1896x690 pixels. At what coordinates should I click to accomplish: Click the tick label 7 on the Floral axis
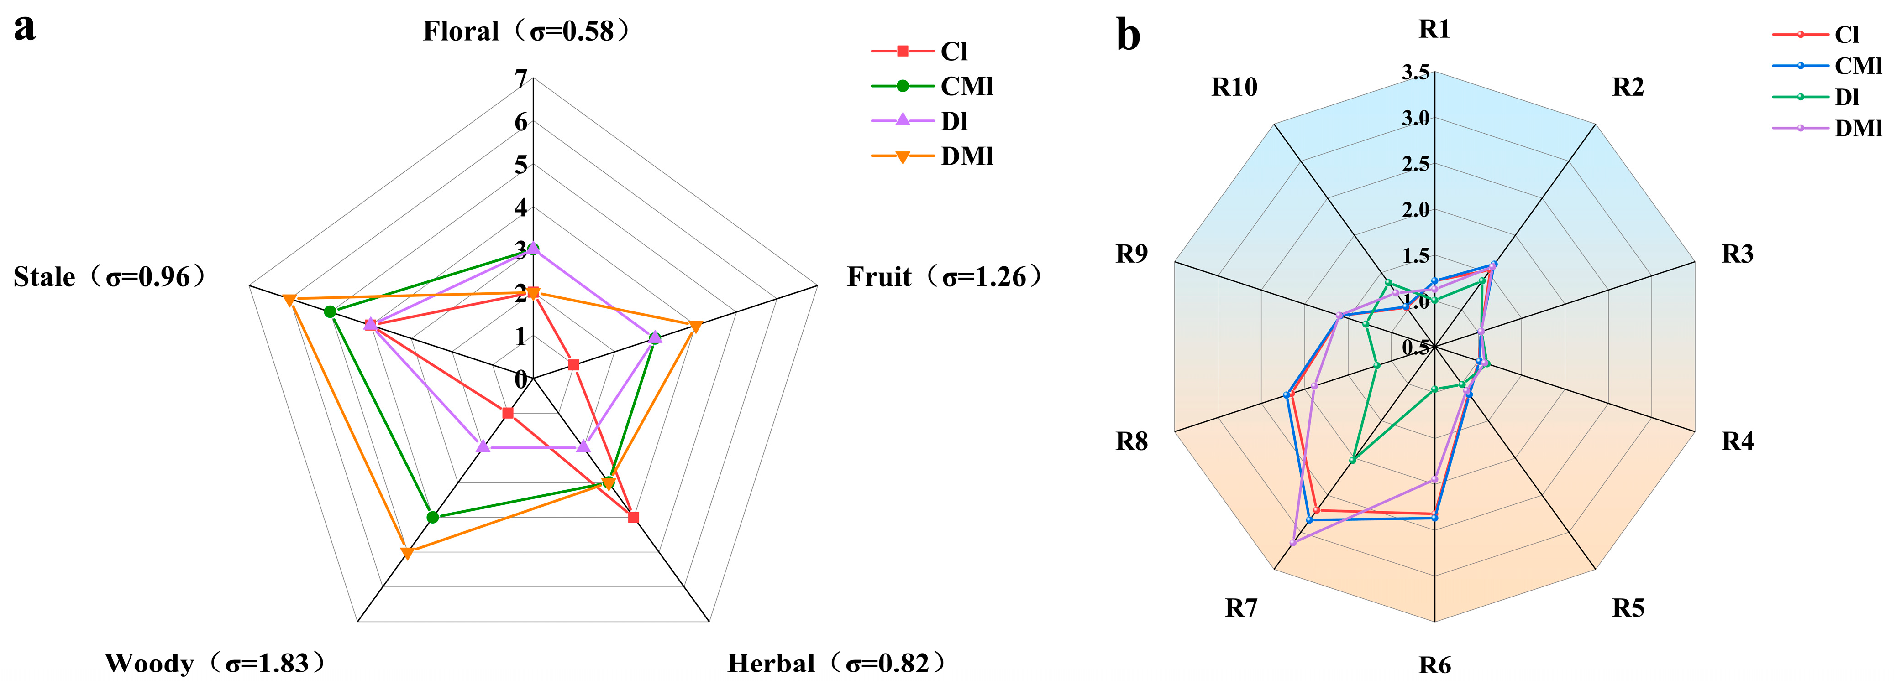(521, 79)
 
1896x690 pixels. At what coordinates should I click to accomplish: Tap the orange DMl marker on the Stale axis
(289, 299)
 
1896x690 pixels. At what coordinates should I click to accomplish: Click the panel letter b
(1128, 35)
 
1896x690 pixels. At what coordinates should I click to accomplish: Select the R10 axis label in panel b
(1234, 88)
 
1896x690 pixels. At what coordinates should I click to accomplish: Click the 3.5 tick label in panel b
(1415, 72)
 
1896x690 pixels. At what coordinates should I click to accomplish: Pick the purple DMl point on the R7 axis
(1293, 542)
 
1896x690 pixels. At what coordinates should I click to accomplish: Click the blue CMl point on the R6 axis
(1434, 518)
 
